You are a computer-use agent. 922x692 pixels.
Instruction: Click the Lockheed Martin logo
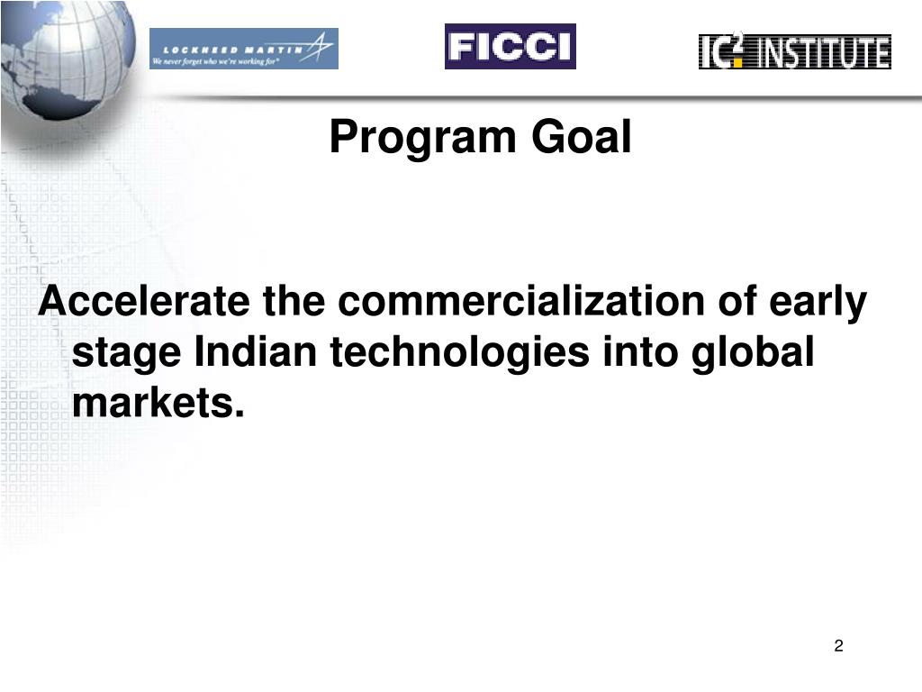pos(243,49)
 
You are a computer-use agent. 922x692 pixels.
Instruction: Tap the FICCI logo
pos(510,47)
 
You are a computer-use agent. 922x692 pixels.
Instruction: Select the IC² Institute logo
pos(794,51)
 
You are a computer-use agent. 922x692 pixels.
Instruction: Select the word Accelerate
pos(143,302)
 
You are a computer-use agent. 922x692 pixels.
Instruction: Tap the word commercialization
pos(520,302)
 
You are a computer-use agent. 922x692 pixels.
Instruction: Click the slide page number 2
pos(838,645)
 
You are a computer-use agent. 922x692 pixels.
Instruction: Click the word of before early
pos(737,302)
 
